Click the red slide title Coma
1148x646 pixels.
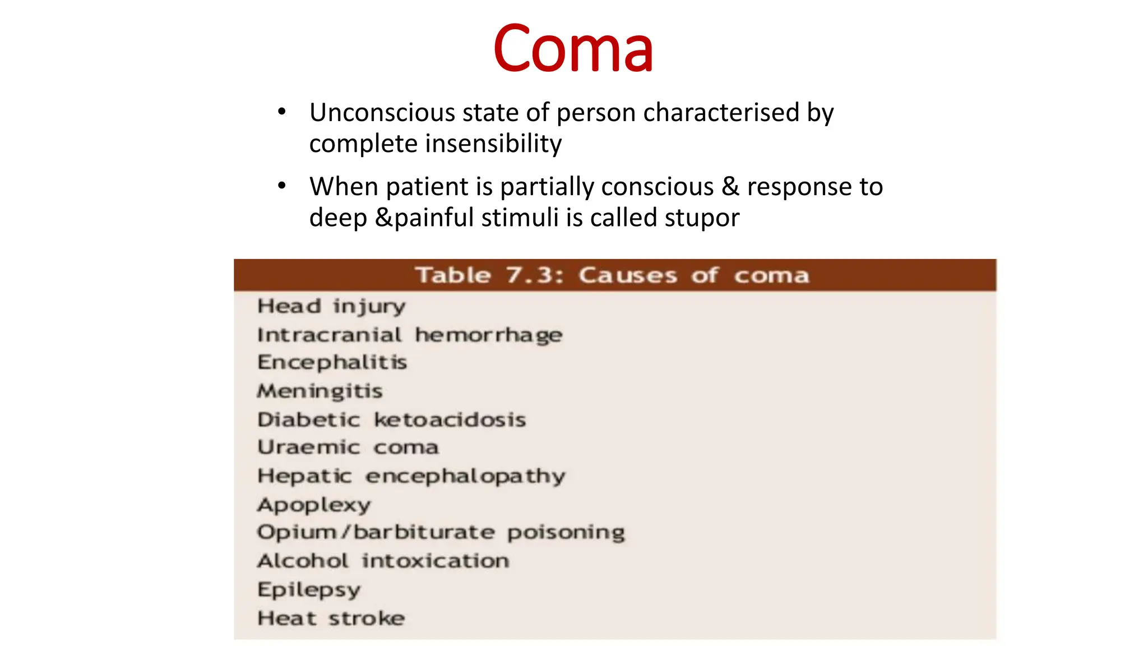pos(573,49)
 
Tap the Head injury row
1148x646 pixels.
pos(331,306)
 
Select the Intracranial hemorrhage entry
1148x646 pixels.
pos(409,335)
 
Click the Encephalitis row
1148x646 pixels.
pos(332,362)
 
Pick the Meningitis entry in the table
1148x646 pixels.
pos(320,391)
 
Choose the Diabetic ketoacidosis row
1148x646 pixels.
pos(391,419)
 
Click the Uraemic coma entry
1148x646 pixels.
pos(348,447)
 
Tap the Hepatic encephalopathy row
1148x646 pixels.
pos(411,476)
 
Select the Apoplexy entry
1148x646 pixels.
pos(314,505)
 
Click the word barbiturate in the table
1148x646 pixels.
pos(424,532)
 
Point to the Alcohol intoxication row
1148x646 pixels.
pos(383,561)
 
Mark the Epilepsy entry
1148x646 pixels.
pos(309,589)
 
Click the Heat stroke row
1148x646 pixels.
pos(331,618)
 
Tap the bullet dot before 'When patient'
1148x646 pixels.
pos(282,186)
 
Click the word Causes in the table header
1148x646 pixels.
pos(628,275)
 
